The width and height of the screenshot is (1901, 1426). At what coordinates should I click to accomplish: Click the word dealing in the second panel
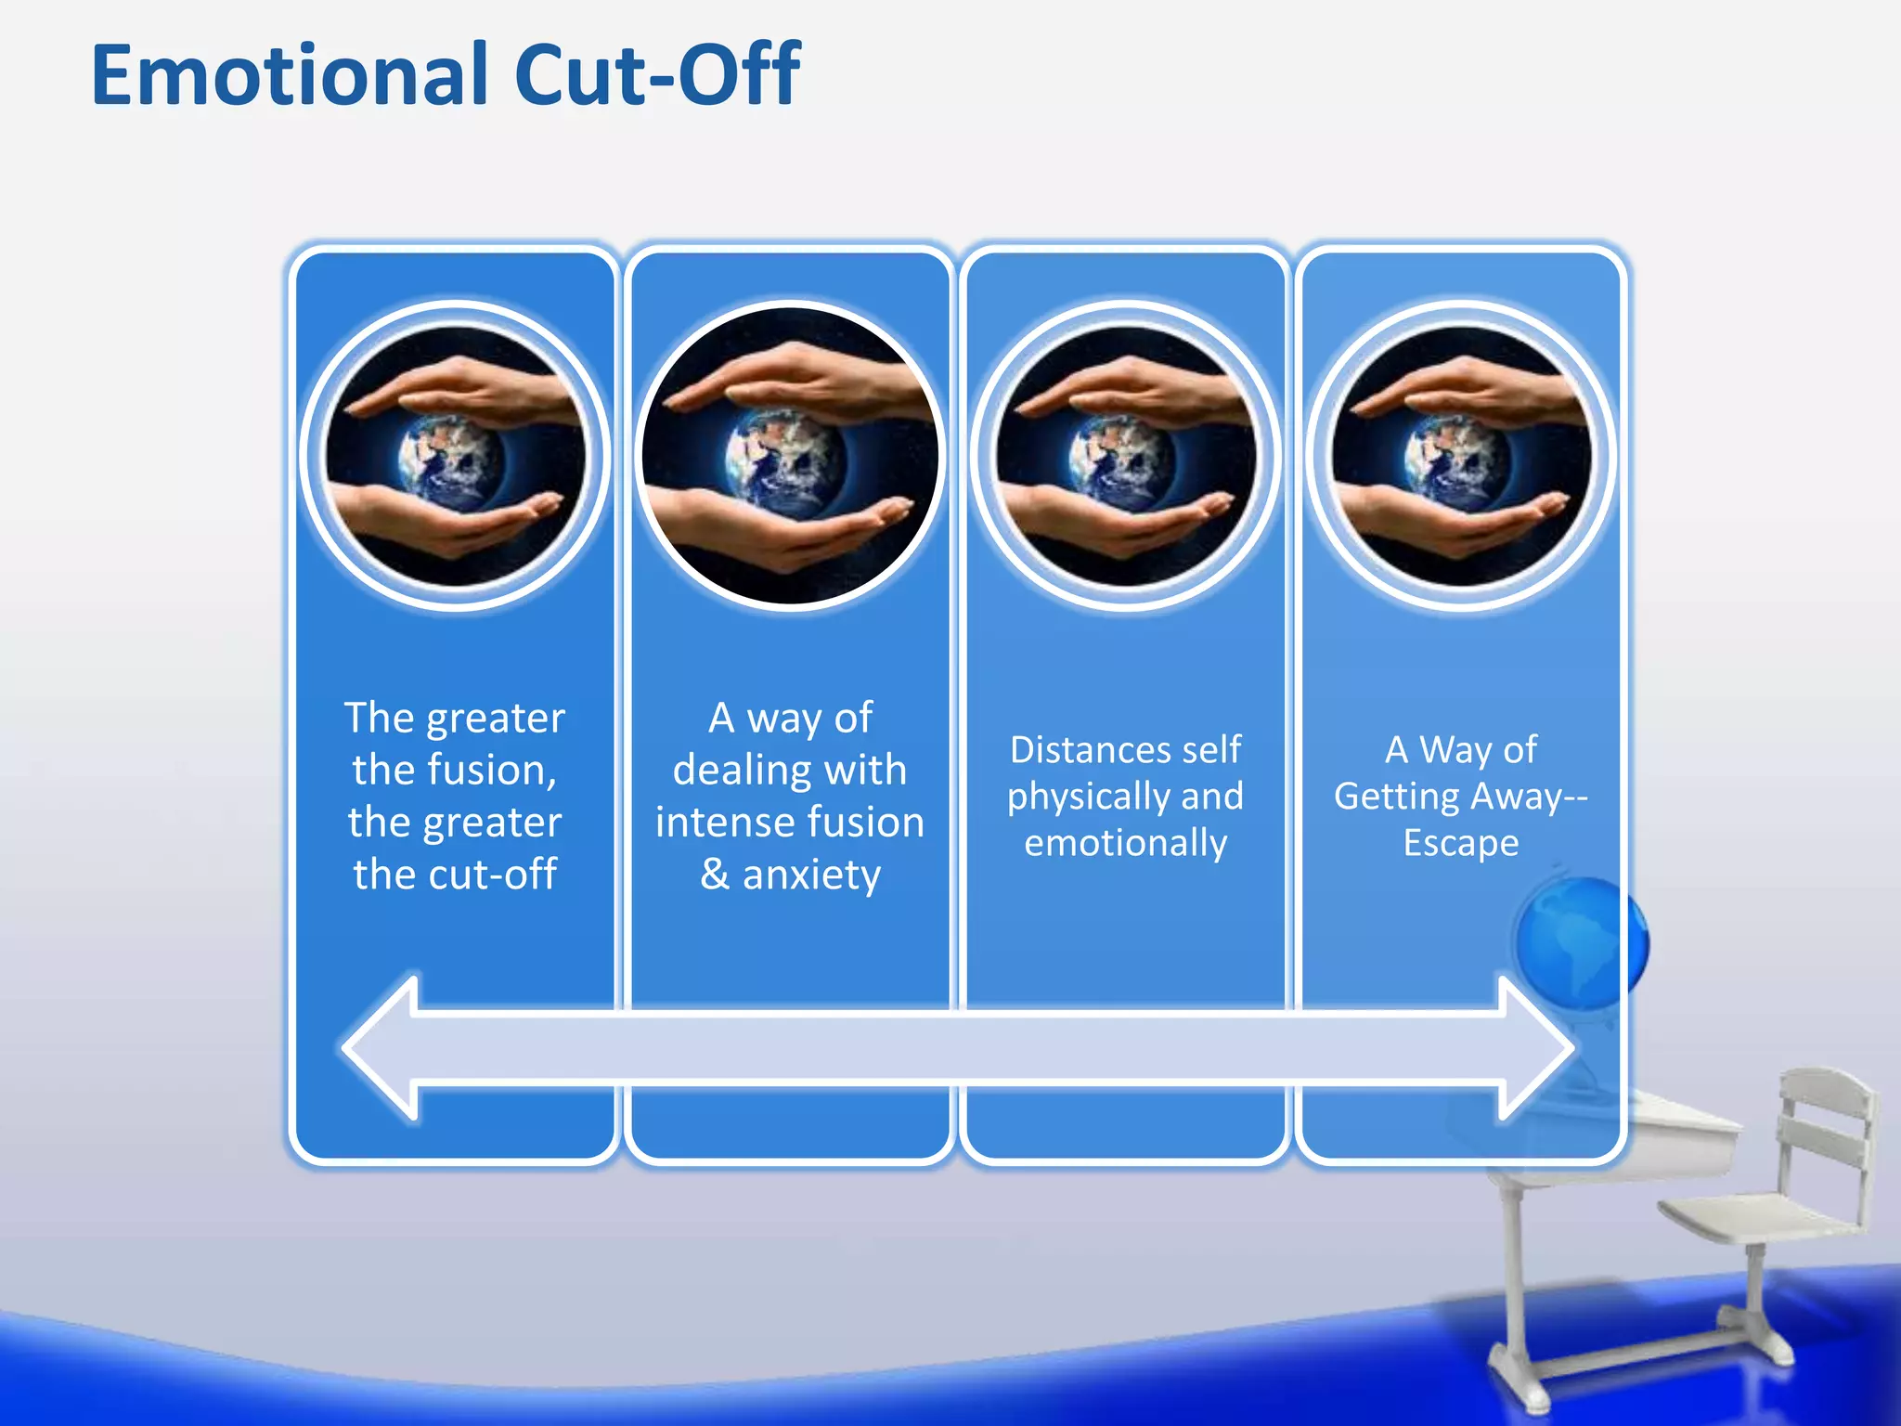730,771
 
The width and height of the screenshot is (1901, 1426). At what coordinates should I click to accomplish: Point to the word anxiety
811,875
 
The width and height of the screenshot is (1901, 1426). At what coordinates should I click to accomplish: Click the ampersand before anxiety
715,875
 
